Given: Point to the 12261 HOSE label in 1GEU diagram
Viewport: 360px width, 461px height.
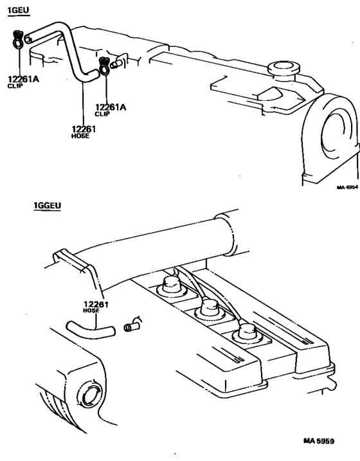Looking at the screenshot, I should [84, 131].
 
